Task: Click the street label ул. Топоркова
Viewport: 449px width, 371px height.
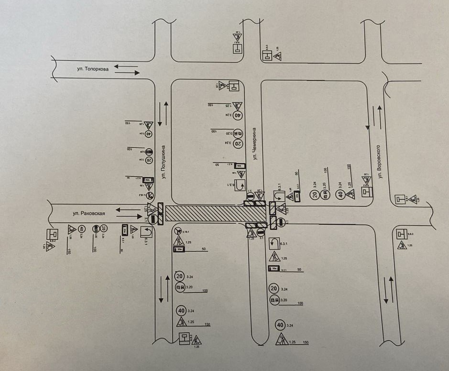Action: click(x=93, y=69)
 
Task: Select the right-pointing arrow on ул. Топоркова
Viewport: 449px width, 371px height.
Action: click(x=126, y=73)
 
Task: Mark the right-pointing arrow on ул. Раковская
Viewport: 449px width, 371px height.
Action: click(x=127, y=217)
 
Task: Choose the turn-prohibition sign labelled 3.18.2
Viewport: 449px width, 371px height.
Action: click(x=150, y=196)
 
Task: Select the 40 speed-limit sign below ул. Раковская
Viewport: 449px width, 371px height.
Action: click(x=82, y=229)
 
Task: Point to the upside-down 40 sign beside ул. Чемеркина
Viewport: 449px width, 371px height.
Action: click(x=238, y=115)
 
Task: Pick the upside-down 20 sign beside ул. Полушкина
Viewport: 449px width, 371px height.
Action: click(x=149, y=160)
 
